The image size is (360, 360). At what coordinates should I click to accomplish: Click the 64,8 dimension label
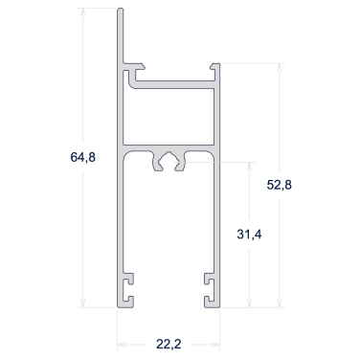83,157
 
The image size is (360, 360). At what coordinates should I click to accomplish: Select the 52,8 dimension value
280,185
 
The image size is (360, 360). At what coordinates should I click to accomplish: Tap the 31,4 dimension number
249,235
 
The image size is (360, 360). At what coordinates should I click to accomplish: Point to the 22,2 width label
169,344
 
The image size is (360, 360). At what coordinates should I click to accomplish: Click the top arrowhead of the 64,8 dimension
83,12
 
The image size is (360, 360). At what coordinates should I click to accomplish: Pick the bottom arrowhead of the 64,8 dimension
83,304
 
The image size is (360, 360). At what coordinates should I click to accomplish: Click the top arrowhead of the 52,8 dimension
280,68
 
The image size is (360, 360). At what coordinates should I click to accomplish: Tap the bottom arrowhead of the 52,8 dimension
280,304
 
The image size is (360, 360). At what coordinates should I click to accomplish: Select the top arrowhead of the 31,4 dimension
250,167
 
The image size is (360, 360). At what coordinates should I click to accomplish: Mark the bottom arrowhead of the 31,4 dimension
250,304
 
